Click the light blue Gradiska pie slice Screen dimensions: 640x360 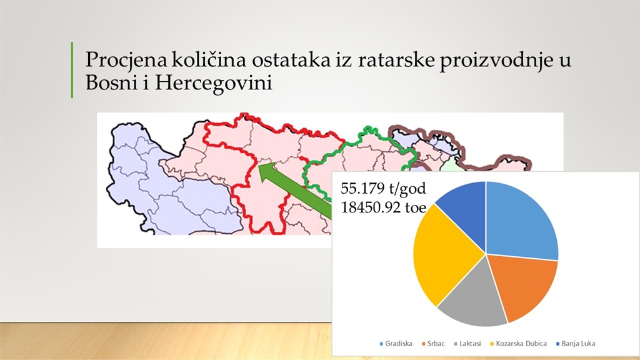coord(518,222)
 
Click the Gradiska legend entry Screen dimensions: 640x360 coord(396,344)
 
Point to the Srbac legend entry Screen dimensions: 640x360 coord(434,344)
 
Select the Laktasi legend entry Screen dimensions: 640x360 coord(467,344)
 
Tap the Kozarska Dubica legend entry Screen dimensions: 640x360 coord(518,344)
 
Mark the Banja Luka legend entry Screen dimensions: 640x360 coord(576,344)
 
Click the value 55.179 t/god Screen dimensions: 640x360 coord(383,188)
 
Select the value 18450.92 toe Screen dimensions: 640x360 coord(383,207)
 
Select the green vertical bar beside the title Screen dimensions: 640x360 coord(72,70)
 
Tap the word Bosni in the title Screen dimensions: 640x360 coord(111,83)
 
